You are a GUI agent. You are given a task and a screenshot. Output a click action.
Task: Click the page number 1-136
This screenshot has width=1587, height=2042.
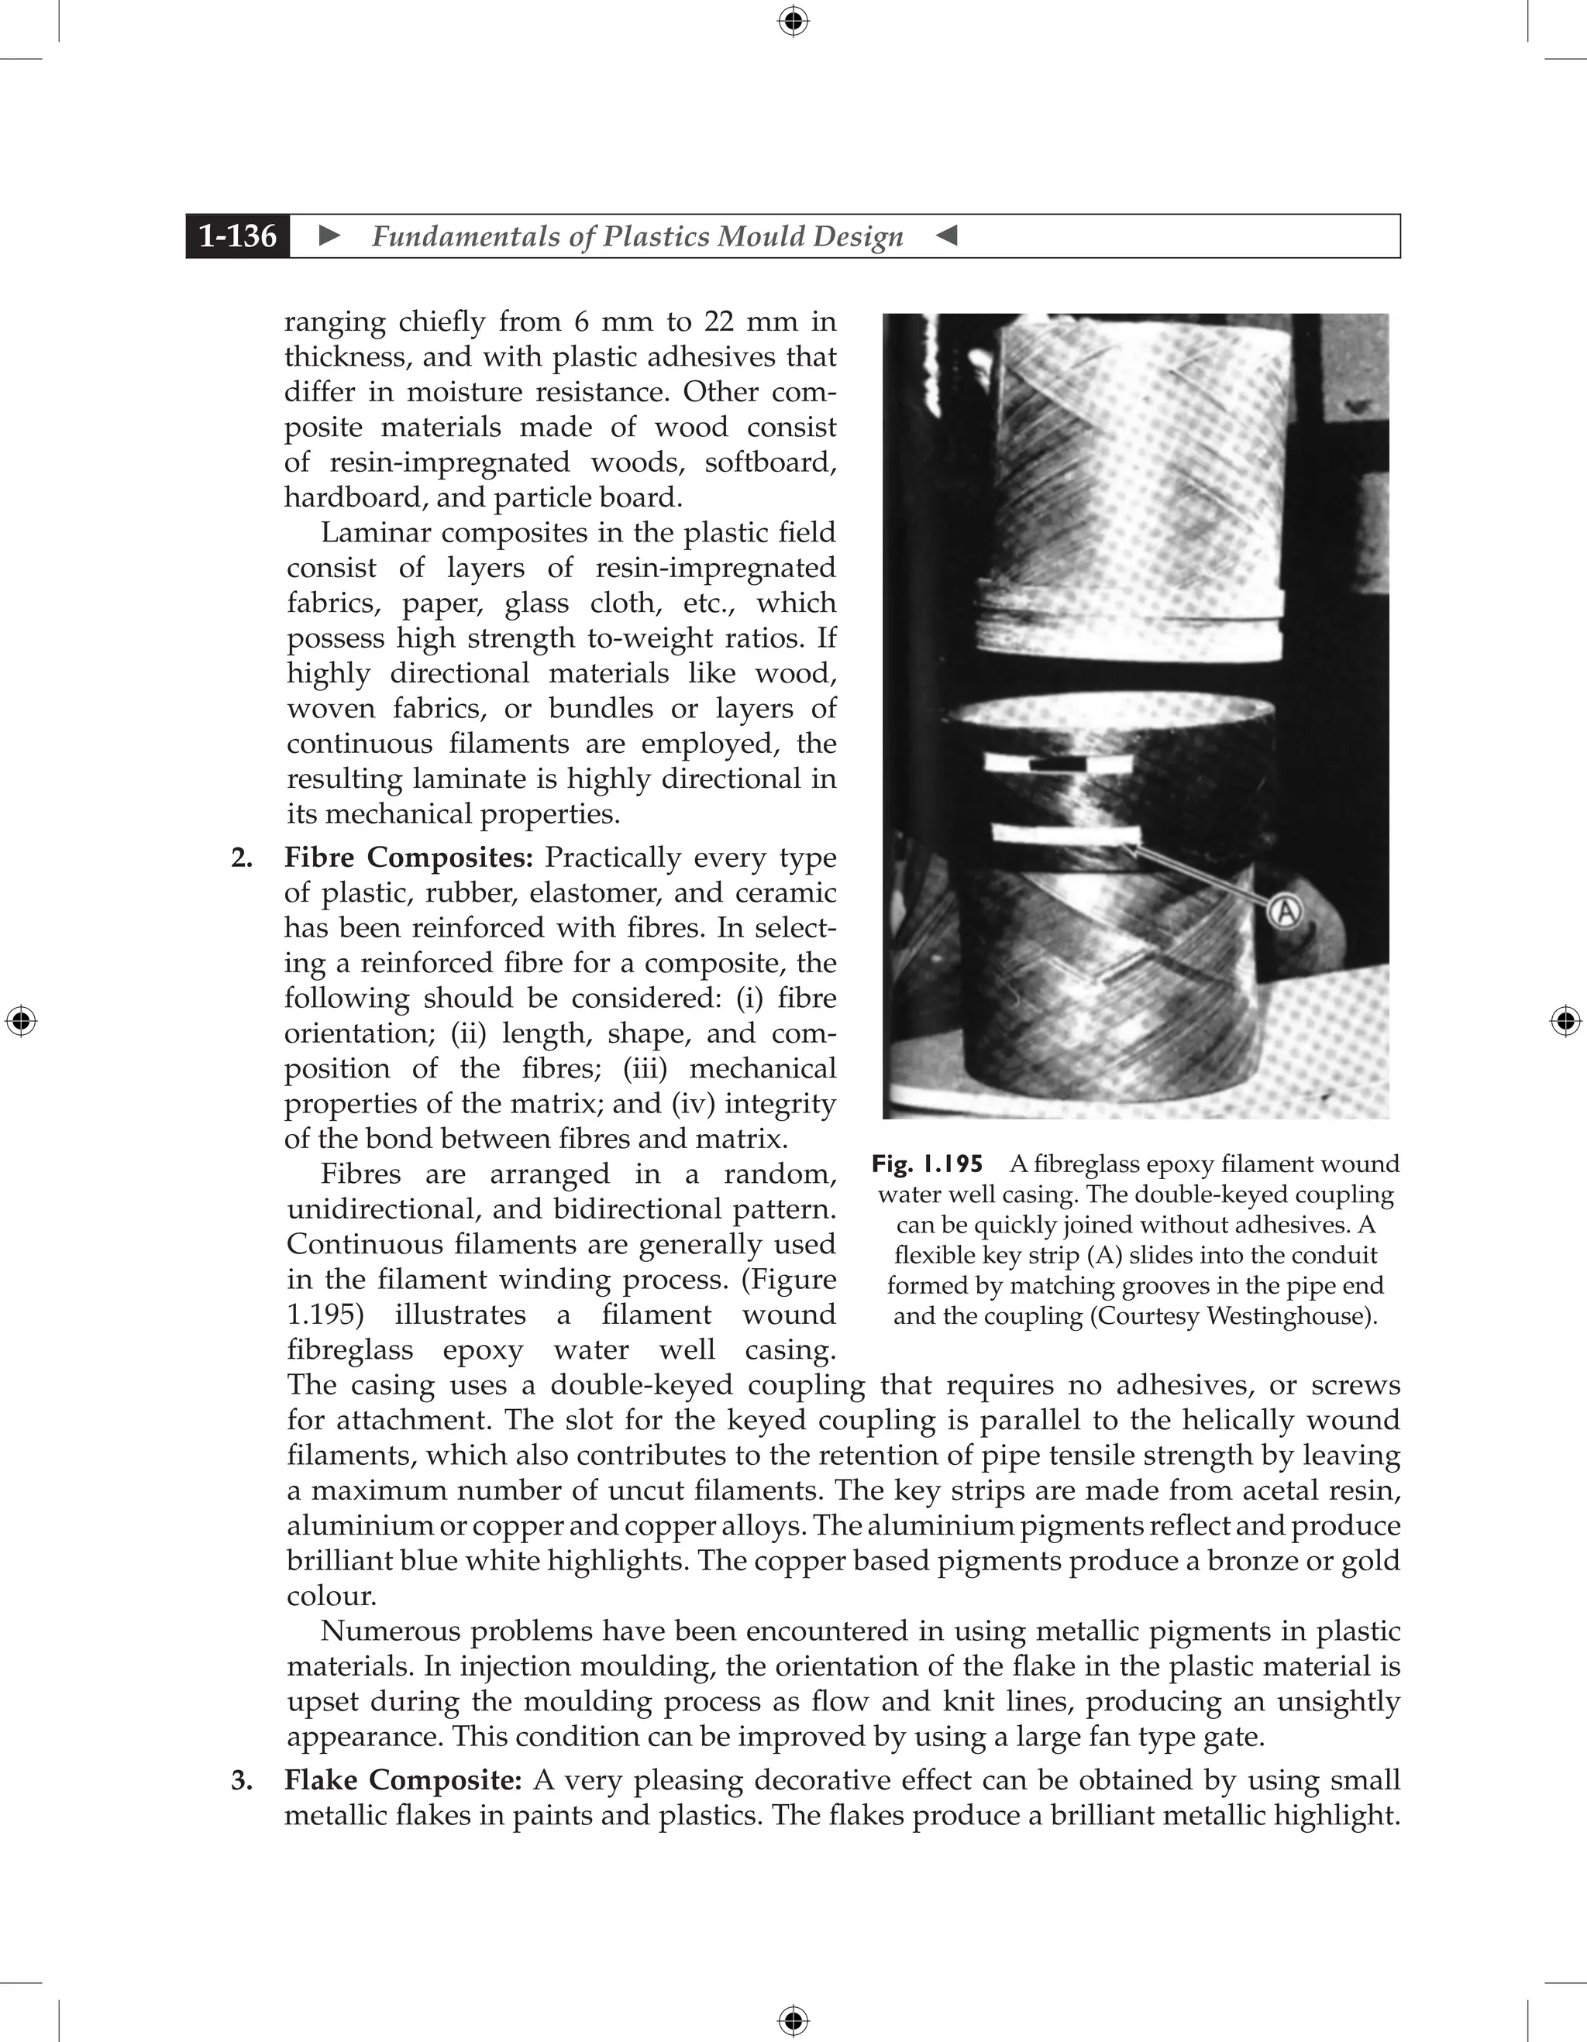click(238, 235)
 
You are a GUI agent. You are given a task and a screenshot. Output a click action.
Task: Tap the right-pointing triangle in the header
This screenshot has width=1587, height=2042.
click(329, 235)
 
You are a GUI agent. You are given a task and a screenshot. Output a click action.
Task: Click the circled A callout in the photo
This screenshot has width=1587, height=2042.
click(1287, 909)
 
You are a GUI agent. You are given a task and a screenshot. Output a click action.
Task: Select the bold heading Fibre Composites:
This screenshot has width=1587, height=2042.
click(408, 858)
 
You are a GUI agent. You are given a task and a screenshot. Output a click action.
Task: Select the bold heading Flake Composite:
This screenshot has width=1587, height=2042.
click(403, 1780)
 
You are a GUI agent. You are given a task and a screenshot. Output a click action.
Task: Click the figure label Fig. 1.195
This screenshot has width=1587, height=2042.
click(927, 1164)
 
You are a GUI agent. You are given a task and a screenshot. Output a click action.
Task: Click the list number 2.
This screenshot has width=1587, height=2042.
click(241, 858)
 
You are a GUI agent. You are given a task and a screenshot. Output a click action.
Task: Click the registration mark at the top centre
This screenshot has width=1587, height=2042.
click(793, 21)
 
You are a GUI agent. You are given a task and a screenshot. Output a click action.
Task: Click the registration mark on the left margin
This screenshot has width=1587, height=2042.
click(21, 1021)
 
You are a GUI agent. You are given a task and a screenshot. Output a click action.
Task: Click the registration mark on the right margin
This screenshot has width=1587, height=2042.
click(1565, 1021)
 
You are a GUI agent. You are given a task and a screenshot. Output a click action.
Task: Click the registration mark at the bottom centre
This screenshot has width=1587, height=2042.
click(793, 2020)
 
